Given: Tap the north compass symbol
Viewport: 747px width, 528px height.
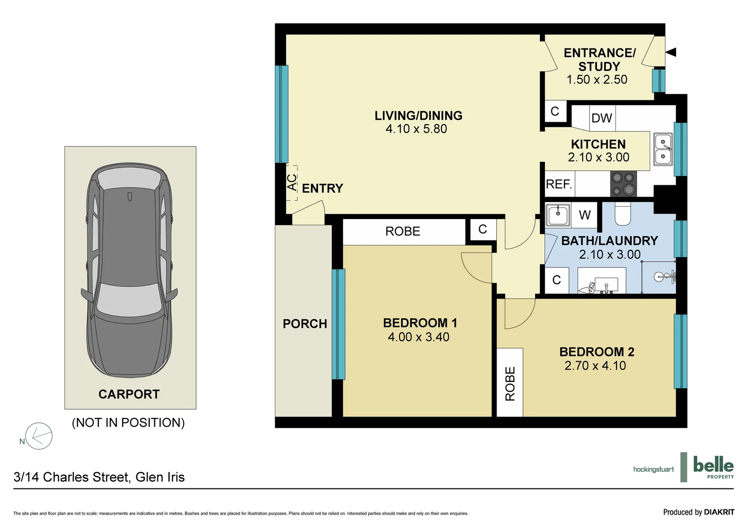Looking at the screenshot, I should pyautogui.click(x=39, y=436).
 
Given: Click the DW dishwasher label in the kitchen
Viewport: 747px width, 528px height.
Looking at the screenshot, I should pyautogui.click(x=601, y=118).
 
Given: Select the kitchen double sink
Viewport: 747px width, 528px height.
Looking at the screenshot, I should pyautogui.click(x=663, y=150).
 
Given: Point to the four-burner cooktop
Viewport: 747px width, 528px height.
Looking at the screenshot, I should pyautogui.click(x=623, y=184).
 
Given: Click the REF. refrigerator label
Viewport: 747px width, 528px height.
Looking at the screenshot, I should pyautogui.click(x=559, y=184).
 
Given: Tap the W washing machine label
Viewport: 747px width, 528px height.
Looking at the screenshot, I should pyautogui.click(x=585, y=215).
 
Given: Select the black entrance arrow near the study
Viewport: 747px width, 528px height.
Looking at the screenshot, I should pyautogui.click(x=671, y=52).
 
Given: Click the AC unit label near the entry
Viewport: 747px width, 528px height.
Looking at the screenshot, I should pyautogui.click(x=292, y=183).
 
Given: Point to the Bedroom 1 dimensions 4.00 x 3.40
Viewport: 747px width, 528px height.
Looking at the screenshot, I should pyautogui.click(x=418, y=337).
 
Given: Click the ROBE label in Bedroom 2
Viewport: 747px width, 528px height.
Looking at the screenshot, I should pyautogui.click(x=510, y=384).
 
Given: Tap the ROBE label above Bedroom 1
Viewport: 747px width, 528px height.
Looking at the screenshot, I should pyautogui.click(x=402, y=231).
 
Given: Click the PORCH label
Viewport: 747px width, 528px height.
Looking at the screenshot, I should pyautogui.click(x=305, y=324).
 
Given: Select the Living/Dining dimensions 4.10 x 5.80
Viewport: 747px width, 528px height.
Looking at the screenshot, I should pyautogui.click(x=416, y=129).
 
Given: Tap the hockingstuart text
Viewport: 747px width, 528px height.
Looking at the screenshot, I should pyautogui.click(x=653, y=469).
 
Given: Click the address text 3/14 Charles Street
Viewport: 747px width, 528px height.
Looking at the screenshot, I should pyautogui.click(x=99, y=477).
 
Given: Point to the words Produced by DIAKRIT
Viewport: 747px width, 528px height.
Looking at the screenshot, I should pyautogui.click(x=699, y=512).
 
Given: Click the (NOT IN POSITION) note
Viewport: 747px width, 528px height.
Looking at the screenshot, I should pyautogui.click(x=128, y=422).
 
